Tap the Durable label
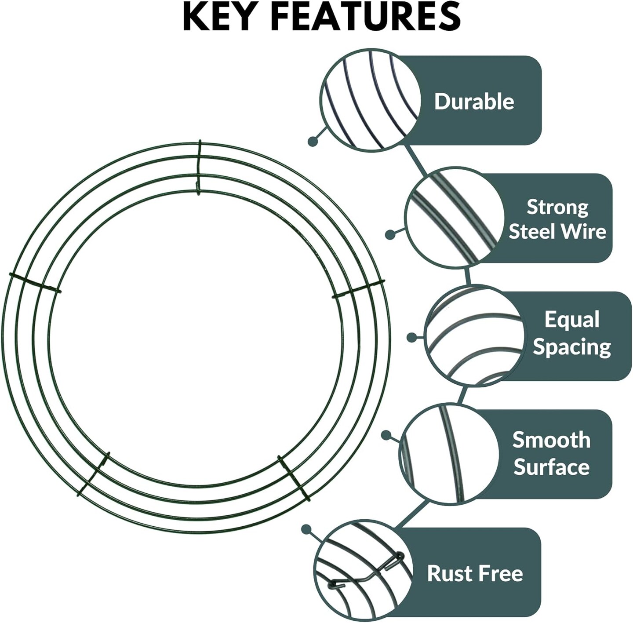(474, 102)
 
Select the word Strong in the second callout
(557, 207)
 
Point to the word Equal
(571, 320)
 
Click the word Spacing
(571, 347)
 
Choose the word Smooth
(551, 440)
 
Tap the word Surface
(551, 467)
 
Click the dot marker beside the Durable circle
(313, 141)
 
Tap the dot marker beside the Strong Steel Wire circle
(390, 235)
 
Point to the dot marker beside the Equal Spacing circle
(411, 337)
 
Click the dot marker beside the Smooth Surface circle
(386, 435)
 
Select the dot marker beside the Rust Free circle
(306, 529)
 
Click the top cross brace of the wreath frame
(199, 168)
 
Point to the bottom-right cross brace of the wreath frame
(294, 479)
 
